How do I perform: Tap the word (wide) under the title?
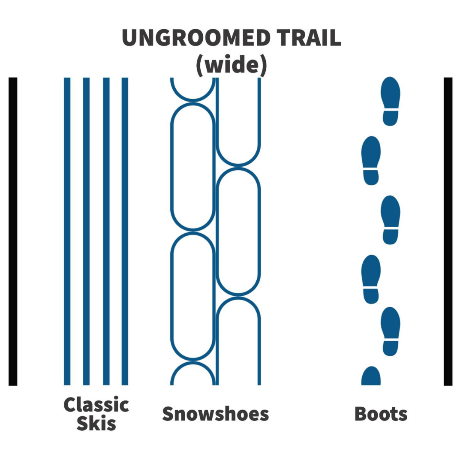[x=231, y=65]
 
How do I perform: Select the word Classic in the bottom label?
[x=96, y=404]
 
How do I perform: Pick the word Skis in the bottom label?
[x=96, y=424]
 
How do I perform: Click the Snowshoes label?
[x=216, y=414]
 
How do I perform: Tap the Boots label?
[x=381, y=414]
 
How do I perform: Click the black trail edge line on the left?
[x=13, y=231]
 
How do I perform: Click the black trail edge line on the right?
[x=448, y=231]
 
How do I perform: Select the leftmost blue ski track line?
[x=67, y=231]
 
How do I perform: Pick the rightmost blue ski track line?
[x=125, y=231]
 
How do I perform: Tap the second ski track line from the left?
[x=86, y=231]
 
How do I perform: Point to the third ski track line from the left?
[x=106, y=231]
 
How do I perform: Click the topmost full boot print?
[x=391, y=101]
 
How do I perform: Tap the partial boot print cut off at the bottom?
[x=371, y=376]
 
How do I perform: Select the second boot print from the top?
[x=371, y=161]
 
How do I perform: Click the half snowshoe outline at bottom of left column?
[x=193, y=363]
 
